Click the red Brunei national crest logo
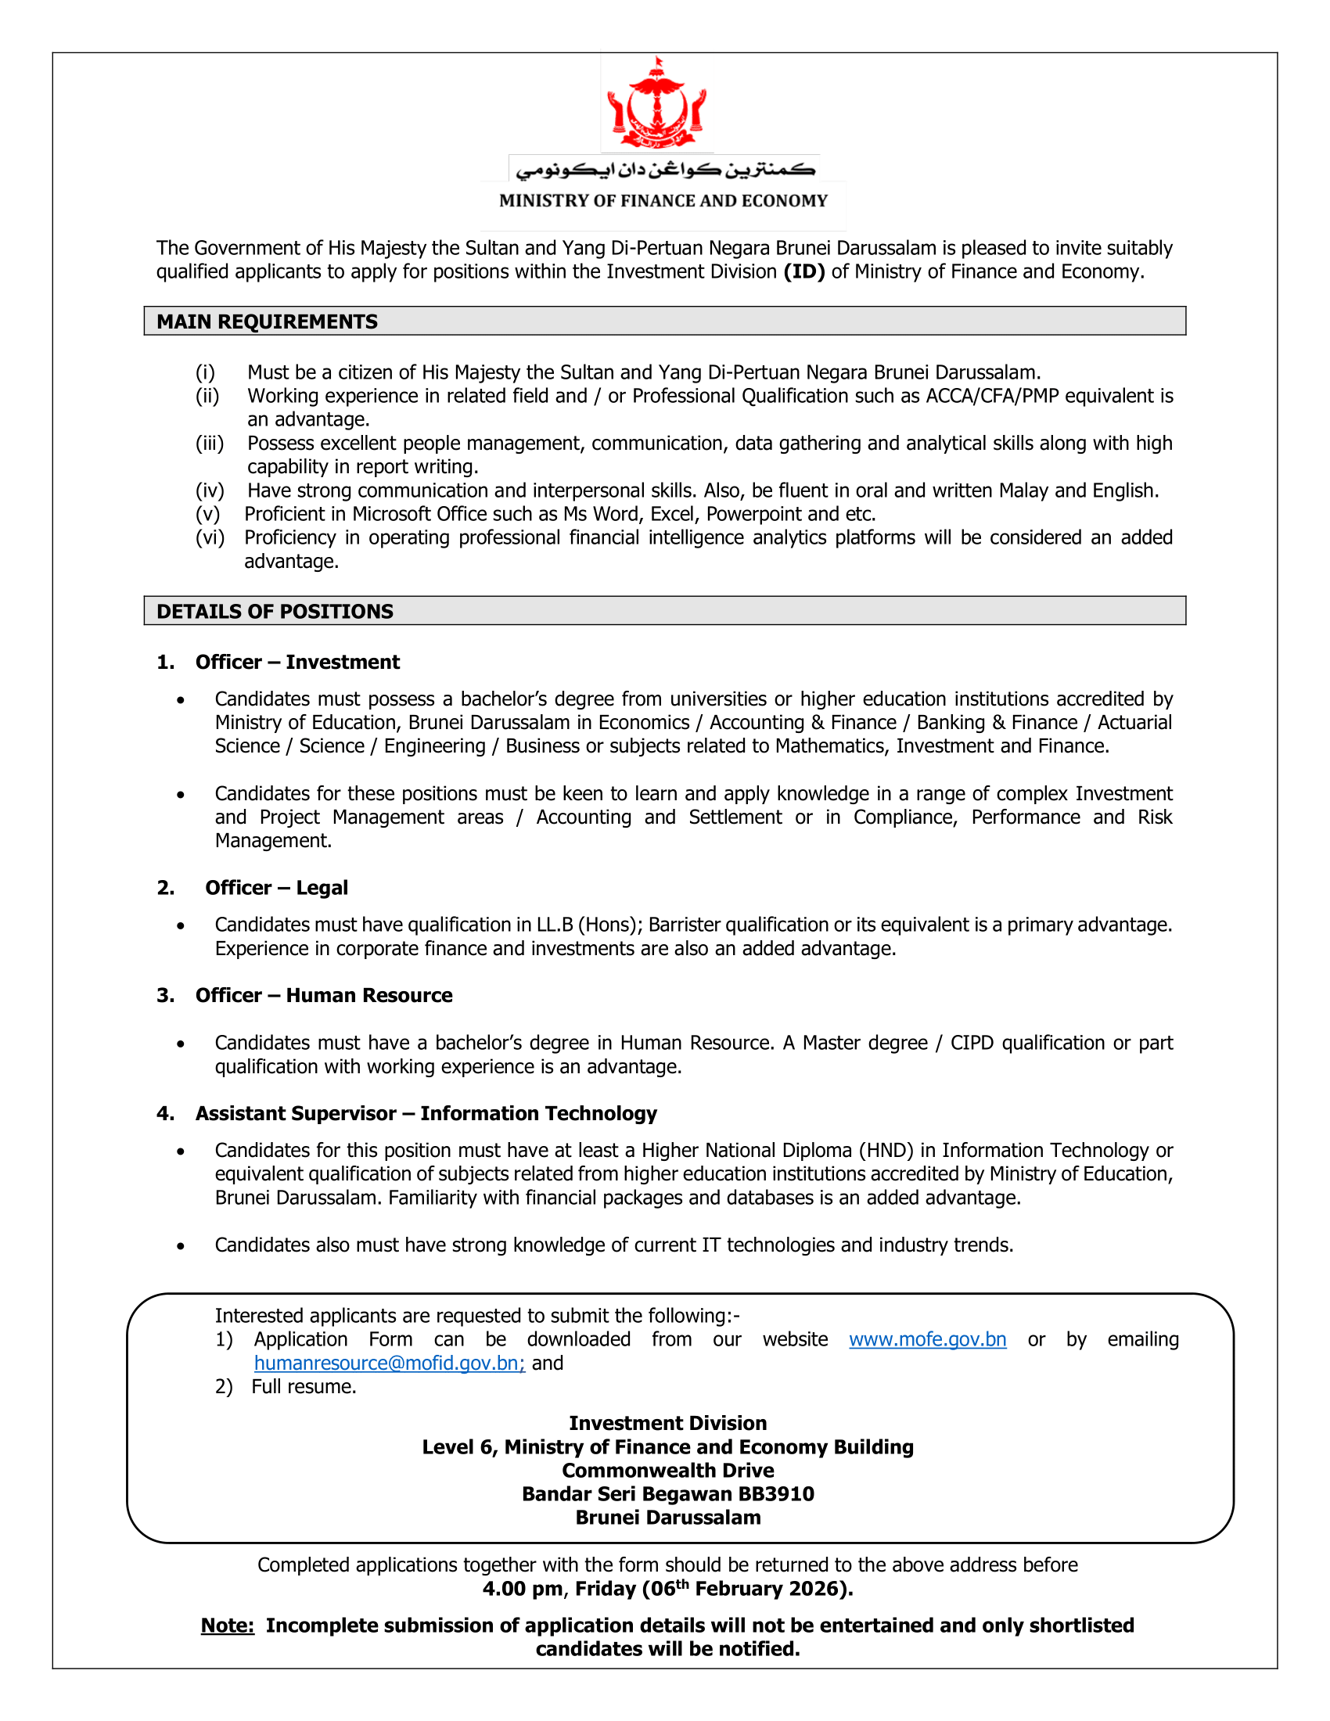656,103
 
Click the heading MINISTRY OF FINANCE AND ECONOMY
663,201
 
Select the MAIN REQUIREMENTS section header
267,322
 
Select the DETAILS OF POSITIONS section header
274,612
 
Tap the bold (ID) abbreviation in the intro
803,272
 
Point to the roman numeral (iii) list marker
210,444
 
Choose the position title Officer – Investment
297,662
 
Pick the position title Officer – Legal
275,888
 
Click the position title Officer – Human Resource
324,995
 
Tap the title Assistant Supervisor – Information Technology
426,1113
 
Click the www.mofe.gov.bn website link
927,1339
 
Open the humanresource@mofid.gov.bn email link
390,1364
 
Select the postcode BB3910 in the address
776,1494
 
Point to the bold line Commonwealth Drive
668,1471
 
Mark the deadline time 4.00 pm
523,1589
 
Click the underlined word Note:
228,1626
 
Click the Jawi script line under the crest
664,169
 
